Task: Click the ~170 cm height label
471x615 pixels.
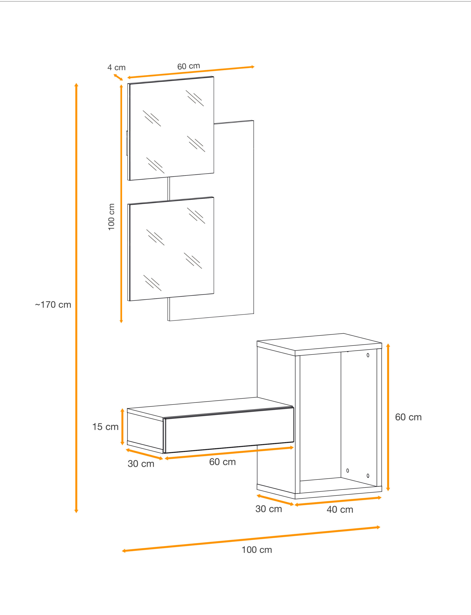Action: pyautogui.click(x=53, y=305)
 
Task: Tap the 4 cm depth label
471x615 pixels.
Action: pyautogui.click(x=116, y=67)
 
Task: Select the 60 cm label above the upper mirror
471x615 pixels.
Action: pyautogui.click(x=188, y=66)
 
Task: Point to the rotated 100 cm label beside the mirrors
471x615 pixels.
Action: pyautogui.click(x=111, y=217)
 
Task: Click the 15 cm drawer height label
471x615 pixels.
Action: pyautogui.click(x=105, y=427)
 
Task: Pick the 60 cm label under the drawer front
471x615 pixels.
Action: pyautogui.click(x=222, y=462)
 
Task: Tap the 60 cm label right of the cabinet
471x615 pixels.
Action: pyautogui.click(x=408, y=417)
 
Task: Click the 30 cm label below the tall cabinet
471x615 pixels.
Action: pyautogui.click(x=269, y=509)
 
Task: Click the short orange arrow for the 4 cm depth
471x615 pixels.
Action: pyautogui.click(x=118, y=77)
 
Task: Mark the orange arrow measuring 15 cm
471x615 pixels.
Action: pyautogui.click(x=122, y=427)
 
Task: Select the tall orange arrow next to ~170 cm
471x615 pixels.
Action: pyautogui.click(x=76, y=298)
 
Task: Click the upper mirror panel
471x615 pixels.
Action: pyautogui.click(x=171, y=128)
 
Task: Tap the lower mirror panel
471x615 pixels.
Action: pyautogui.click(x=171, y=249)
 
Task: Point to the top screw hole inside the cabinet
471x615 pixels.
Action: pyautogui.click(x=368, y=355)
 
